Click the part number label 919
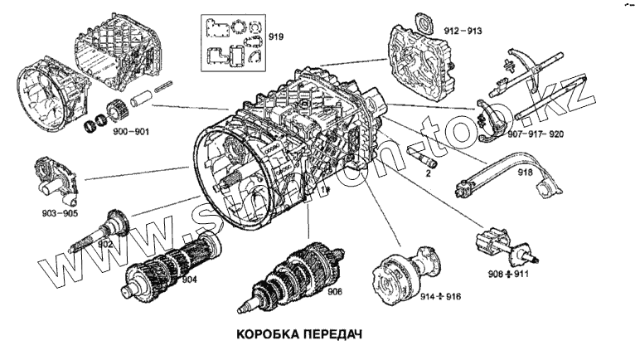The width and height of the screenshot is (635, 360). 275,37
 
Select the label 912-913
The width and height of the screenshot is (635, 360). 463,31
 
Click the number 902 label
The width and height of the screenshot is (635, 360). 105,245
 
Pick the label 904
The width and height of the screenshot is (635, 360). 189,280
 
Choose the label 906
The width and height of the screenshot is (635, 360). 334,291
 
